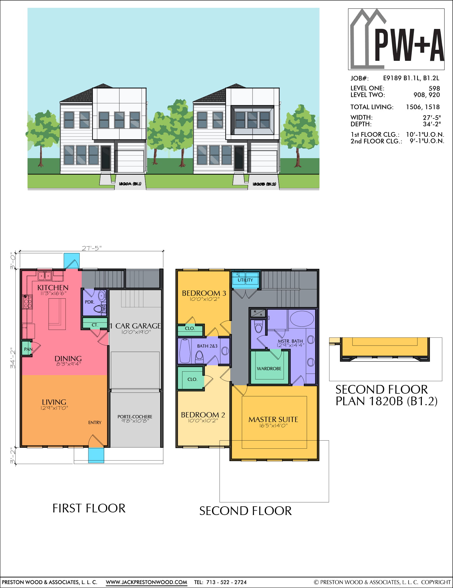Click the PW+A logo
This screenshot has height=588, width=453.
[x=396, y=39]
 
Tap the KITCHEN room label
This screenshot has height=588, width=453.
[x=53, y=288]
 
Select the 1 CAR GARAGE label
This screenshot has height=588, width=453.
[x=135, y=326]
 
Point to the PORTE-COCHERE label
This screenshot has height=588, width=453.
[x=135, y=417]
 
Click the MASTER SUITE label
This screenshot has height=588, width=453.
[x=273, y=419]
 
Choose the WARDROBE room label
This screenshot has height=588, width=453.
[x=269, y=368]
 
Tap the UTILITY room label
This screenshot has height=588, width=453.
[x=245, y=280]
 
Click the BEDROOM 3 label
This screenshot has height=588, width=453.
[x=204, y=293]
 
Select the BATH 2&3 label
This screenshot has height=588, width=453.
[x=207, y=346]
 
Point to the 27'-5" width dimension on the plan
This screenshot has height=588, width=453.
[x=92, y=248]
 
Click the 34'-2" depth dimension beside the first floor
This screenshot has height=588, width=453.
[x=13, y=358]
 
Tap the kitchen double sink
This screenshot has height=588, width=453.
[x=45, y=276]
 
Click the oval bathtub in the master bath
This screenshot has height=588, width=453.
[x=302, y=319]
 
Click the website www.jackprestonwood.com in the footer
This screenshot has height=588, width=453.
[x=146, y=582]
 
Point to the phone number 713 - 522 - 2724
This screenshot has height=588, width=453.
[x=226, y=582]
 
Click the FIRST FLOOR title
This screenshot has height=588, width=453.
[x=89, y=508]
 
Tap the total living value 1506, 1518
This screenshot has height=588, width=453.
[x=423, y=107]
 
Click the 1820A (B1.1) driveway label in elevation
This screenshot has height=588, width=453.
[x=130, y=184]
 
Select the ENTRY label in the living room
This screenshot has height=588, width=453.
[x=95, y=423]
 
